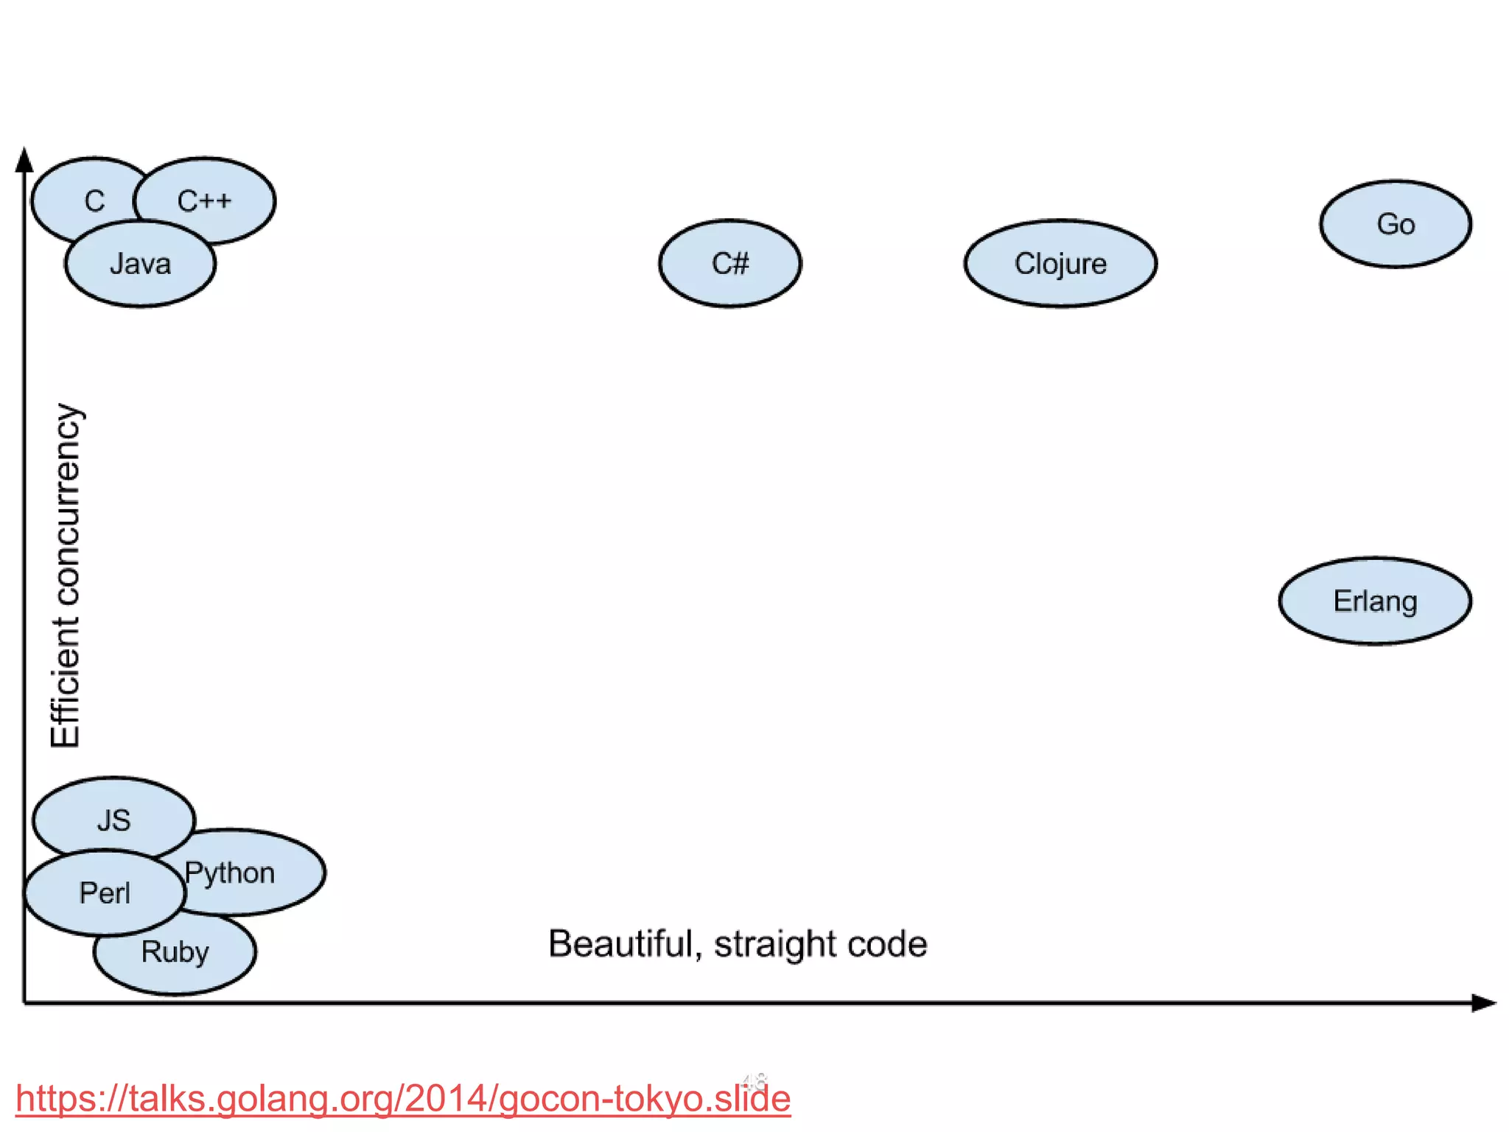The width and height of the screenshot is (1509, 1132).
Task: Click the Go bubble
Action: coord(1396,224)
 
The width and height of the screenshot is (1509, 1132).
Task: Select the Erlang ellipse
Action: coord(1375,601)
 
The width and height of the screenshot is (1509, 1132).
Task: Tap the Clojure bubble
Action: coord(1060,263)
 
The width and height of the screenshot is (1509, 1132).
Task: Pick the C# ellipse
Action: coord(729,263)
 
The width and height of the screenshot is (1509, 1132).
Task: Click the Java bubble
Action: coord(140,264)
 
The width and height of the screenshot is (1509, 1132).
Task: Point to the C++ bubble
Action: coord(205,200)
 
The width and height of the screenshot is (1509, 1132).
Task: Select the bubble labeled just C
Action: coord(94,200)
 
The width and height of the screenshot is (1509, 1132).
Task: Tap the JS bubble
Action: coord(113,820)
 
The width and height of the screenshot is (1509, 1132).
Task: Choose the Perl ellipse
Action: coord(105,893)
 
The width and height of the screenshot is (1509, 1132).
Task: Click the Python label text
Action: coord(230,873)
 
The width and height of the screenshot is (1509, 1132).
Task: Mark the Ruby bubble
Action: coord(175,951)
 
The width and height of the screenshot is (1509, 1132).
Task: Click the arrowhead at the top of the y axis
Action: coord(24,158)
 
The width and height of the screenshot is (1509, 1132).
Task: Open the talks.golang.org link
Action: coord(402,1099)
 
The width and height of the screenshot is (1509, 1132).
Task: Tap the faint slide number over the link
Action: coord(754,1081)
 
